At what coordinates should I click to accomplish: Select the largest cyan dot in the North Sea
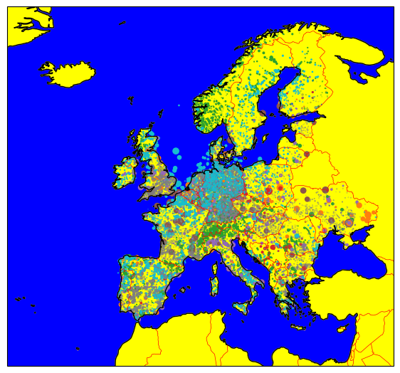tap(176, 151)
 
